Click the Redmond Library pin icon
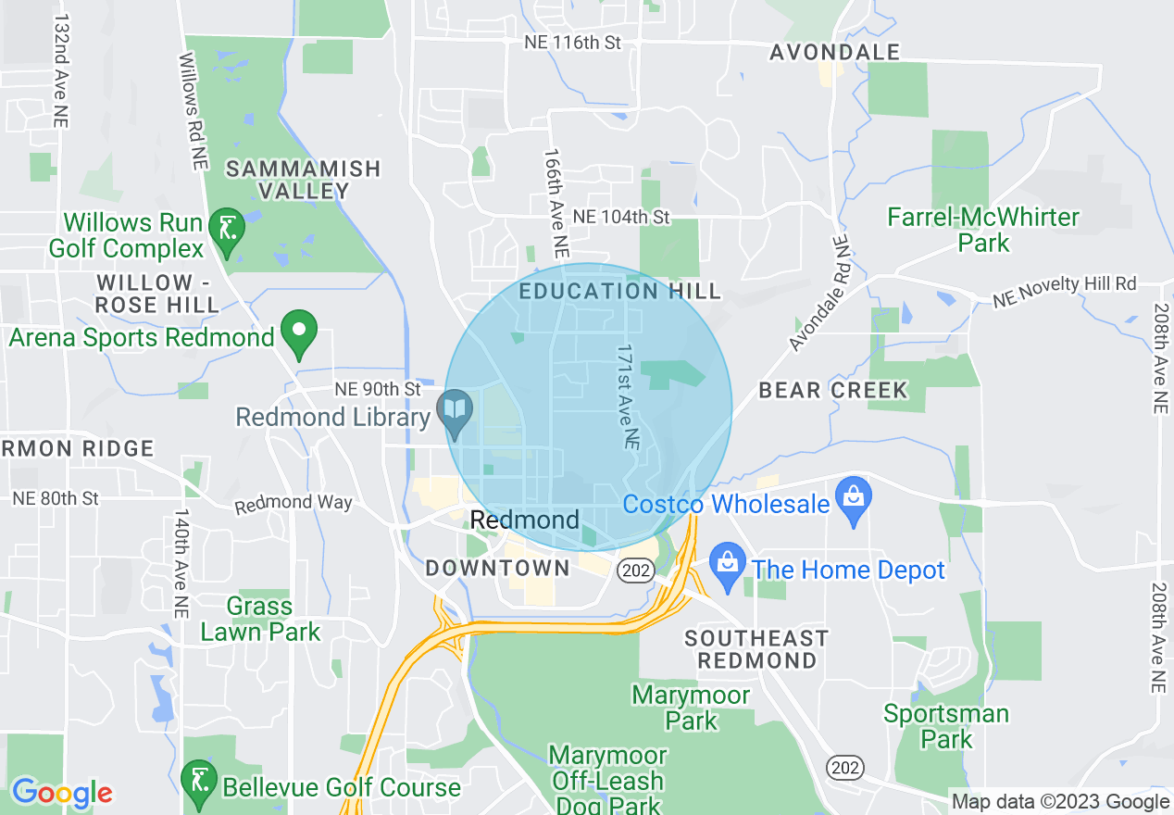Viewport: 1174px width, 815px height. [455, 413]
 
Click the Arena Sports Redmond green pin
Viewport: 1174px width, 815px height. [299, 332]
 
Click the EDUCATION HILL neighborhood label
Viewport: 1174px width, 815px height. [619, 291]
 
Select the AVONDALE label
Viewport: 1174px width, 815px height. [835, 52]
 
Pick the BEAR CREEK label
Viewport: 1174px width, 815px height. [833, 390]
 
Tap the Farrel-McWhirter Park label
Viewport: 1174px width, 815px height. [983, 230]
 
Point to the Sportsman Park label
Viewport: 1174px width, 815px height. [946, 726]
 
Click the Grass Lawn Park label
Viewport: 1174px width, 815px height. [260, 619]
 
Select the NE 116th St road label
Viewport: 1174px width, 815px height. [571, 43]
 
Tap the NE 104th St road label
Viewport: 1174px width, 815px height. [620, 217]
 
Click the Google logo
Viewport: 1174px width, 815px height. [61, 793]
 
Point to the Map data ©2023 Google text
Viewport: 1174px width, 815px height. [1060, 802]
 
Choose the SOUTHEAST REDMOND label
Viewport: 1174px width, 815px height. [756, 648]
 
